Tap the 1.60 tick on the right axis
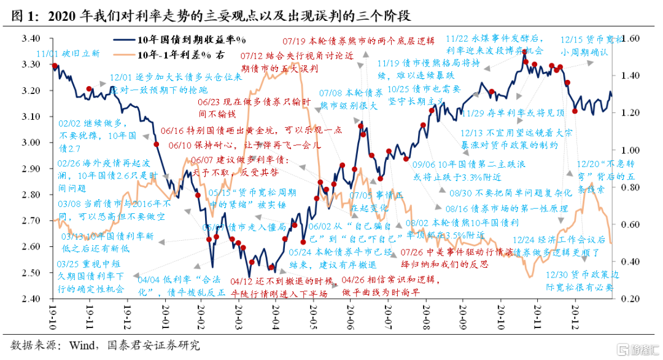point(627,38)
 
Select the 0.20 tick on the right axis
point(627,299)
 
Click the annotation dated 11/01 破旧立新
point(68,53)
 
